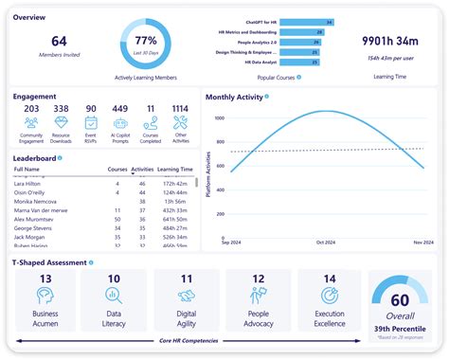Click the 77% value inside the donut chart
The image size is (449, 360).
pos(145,41)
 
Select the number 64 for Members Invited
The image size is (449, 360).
pos(59,41)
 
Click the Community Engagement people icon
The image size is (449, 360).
pos(32,121)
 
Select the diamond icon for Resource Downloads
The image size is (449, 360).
pos(62,121)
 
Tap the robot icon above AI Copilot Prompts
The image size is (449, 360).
pos(119,121)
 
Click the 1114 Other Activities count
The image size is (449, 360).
pos(180,109)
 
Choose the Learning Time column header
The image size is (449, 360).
pos(175,170)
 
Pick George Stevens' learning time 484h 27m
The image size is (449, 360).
pos(173,229)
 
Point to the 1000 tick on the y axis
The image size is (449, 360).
pos(220,118)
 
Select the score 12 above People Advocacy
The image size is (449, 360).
pos(258,279)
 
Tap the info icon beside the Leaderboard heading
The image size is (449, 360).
pos(60,158)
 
